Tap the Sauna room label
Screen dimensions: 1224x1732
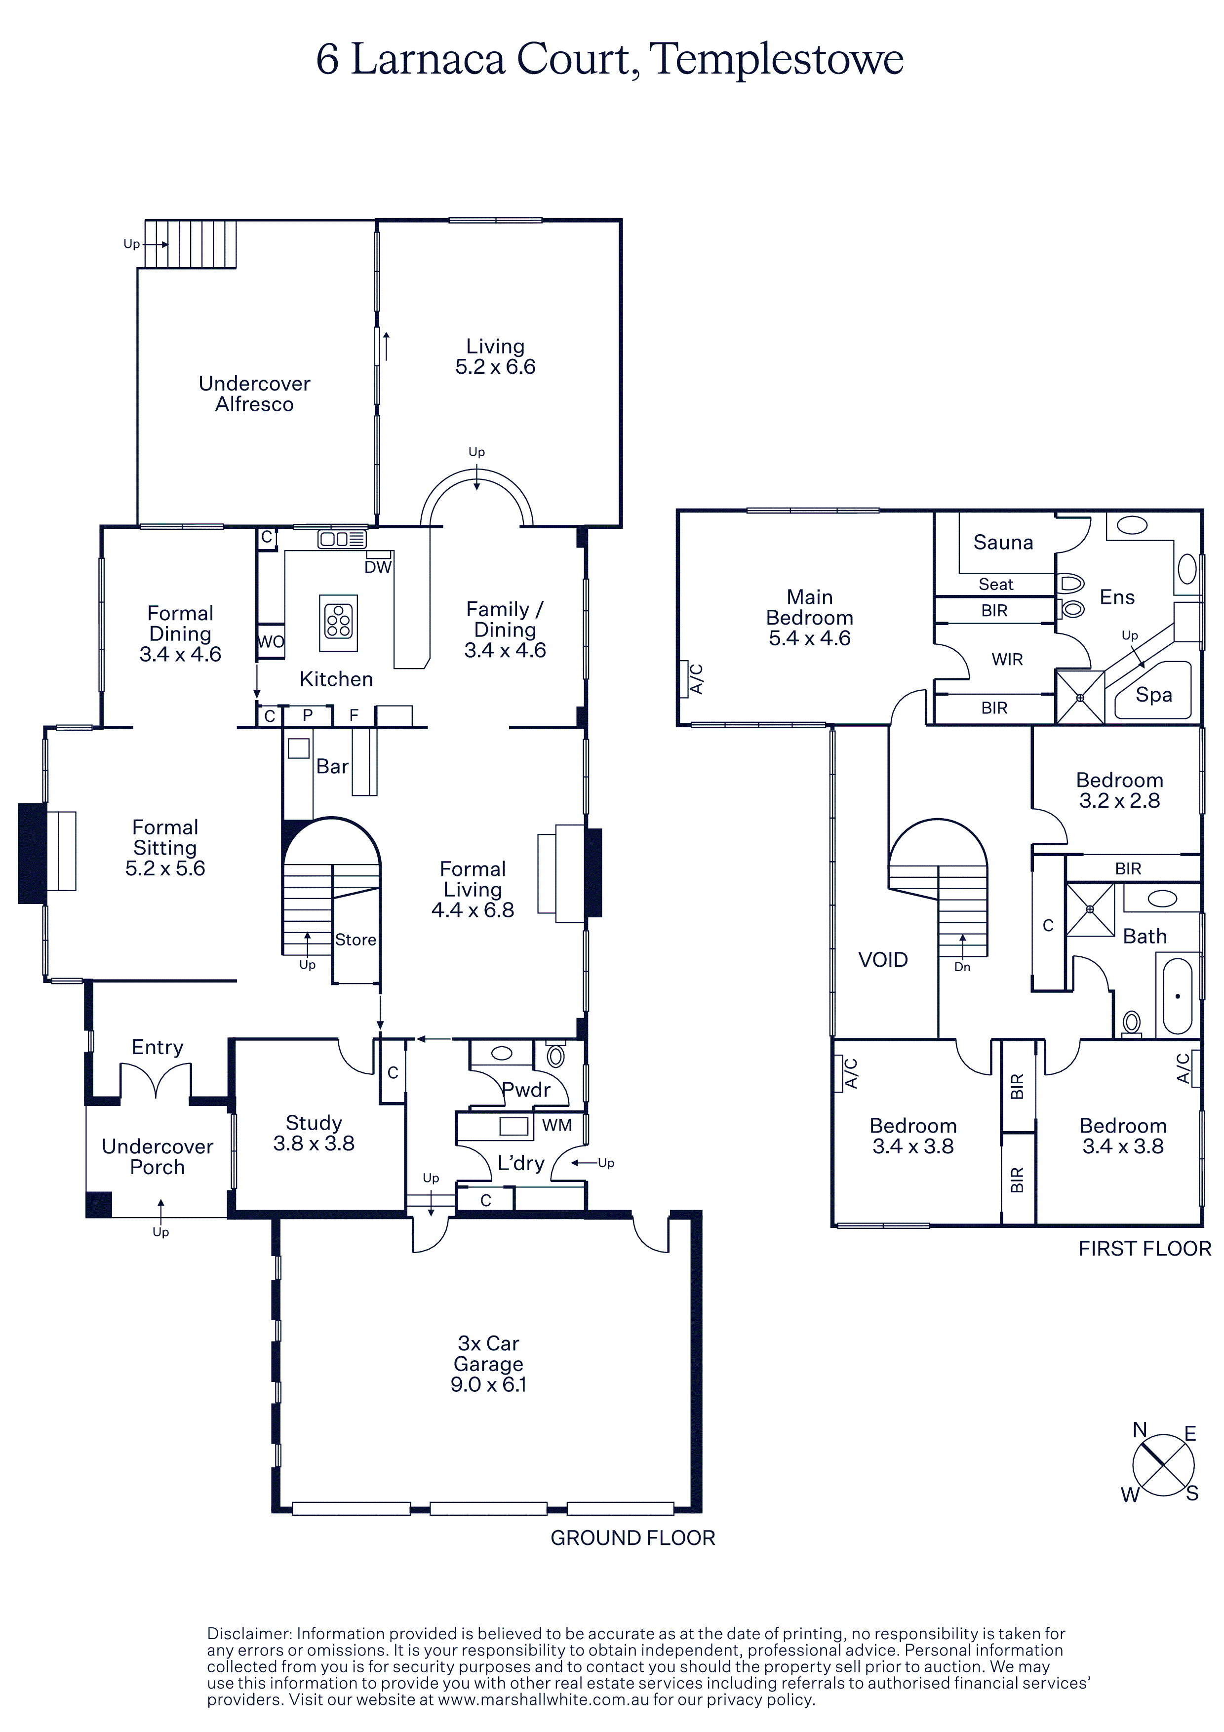click(1003, 543)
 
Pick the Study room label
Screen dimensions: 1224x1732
click(314, 1133)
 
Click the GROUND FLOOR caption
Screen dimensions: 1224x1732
click(633, 1538)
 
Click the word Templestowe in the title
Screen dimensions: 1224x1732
click(776, 59)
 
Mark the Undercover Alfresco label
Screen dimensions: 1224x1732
click(254, 394)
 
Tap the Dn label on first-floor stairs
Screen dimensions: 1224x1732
click(962, 967)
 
